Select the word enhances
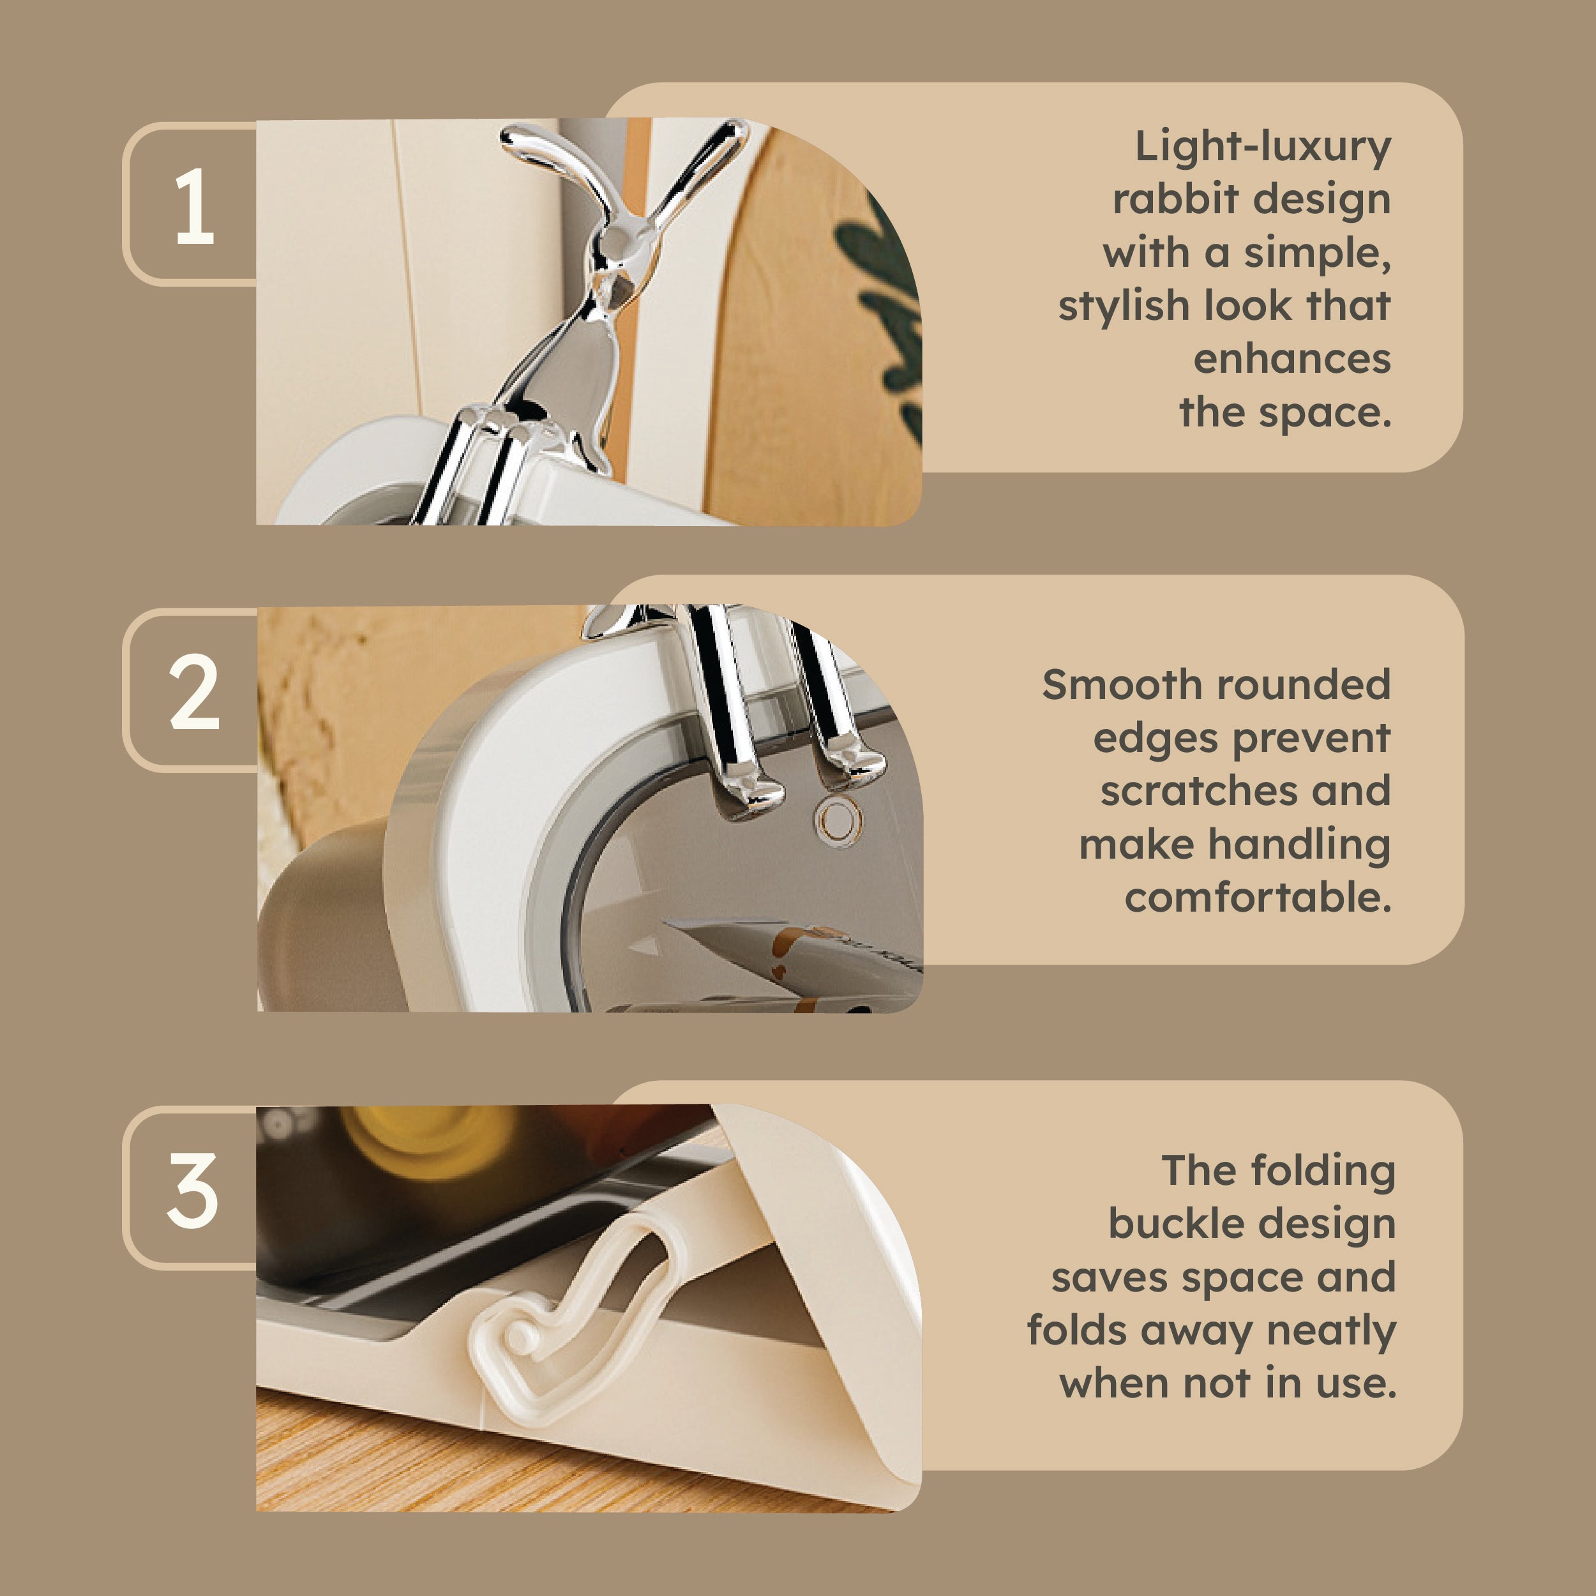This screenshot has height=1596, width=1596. (1292, 359)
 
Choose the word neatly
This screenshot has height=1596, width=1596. (1331, 1332)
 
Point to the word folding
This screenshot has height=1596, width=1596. (1323, 1171)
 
